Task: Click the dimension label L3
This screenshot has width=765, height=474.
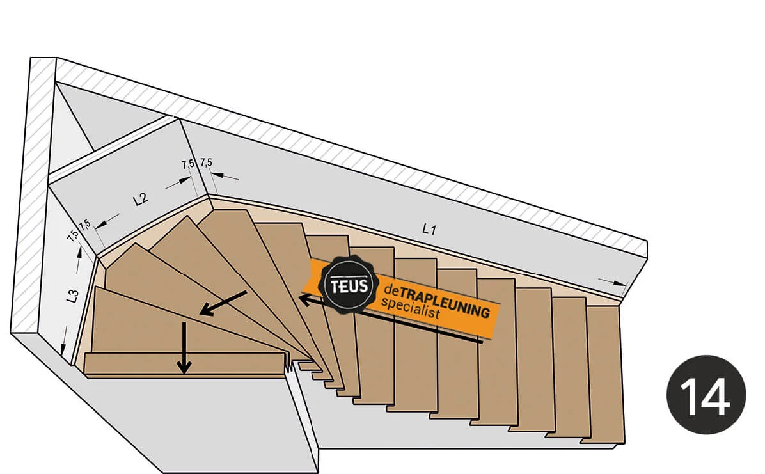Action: (72, 296)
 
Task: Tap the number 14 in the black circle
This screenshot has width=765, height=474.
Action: (706, 396)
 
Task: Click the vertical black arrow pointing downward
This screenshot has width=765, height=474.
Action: (184, 349)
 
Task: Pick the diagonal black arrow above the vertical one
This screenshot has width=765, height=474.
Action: (223, 303)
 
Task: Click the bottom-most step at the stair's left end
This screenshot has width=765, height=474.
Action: (185, 363)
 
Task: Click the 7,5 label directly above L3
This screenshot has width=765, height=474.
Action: (73, 235)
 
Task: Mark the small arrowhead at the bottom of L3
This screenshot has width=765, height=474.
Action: (64, 349)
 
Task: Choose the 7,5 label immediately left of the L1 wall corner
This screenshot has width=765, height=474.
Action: (187, 164)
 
